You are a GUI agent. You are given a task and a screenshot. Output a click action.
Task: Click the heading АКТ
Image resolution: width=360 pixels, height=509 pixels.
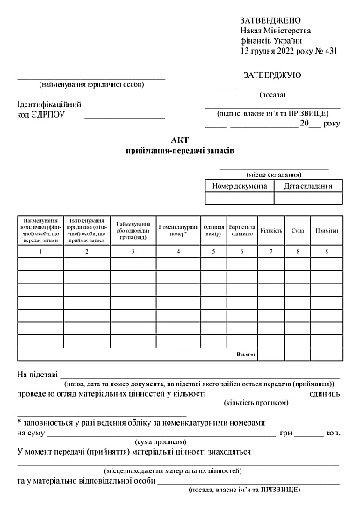(x=180, y=140)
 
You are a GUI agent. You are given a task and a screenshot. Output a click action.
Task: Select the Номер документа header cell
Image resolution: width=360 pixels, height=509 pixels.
(x=239, y=186)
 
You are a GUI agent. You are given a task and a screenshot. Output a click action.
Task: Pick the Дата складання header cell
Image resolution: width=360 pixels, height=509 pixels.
(x=306, y=186)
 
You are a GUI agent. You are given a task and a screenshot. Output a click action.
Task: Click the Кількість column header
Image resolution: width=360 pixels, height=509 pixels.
(x=270, y=230)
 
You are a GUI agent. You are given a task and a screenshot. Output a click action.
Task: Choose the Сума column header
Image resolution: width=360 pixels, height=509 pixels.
(x=298, y=230)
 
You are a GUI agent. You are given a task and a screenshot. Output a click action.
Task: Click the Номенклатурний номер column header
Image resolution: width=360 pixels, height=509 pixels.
(x=178, y=230)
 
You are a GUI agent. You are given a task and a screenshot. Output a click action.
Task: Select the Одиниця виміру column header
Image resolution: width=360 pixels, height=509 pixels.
(x=213, y=230)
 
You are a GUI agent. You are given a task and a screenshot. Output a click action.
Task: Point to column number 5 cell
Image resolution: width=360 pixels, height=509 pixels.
(x=213, y=252)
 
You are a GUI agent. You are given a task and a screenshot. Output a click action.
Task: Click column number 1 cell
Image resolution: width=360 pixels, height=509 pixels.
(x=40, y=252)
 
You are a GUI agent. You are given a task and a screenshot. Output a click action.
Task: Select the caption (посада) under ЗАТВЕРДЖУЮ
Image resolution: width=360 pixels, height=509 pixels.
(x=272, y=95)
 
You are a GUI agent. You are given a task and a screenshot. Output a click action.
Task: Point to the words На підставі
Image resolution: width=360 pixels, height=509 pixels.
(x=37, y=376)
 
